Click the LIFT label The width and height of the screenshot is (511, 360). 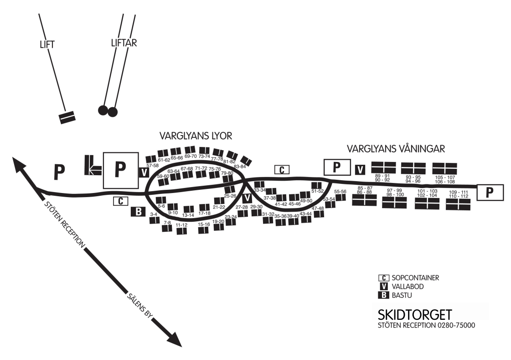(x=47, y=45)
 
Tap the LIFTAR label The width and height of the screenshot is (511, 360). (x=124, y=43)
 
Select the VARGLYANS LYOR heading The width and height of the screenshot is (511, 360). (x=196, y=136)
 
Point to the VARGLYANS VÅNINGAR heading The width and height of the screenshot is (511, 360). (x=396, y=149)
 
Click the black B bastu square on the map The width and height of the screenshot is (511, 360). (x=138, y=212)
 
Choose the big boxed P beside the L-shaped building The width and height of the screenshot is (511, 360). (x=121, y=170)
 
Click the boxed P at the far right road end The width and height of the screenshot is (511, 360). (x=490, y=193)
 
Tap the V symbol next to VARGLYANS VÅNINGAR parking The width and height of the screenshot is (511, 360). (x=360, y=170)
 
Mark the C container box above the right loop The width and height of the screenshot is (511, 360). (x=282, y=170)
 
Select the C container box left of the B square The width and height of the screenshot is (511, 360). (x=121, y=201)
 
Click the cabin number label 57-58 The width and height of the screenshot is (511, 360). (x=153, y=166)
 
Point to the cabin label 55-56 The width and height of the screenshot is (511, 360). (x=340, y=192)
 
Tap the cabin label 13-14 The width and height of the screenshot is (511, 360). (x=188, y=215)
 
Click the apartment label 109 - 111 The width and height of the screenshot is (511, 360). (x=459, y=192)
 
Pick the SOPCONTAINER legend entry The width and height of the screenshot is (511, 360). (x=416, y=278)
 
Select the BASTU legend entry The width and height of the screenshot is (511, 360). (x=402, y=295)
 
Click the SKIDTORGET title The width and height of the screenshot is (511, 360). (x=414, y=315)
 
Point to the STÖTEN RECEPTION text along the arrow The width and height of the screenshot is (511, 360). (x=65, y=224)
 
